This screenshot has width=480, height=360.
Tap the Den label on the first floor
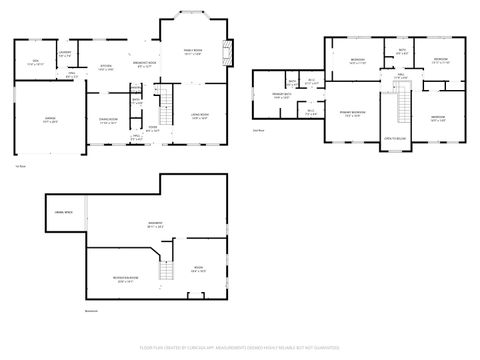[x=36, y=62]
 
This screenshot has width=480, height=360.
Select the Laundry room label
[x=65, y=52]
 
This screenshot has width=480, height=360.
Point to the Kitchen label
[x=105, y=68]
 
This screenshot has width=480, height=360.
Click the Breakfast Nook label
[x=145, y=64]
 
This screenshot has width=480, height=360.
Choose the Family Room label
[x=192, y=52]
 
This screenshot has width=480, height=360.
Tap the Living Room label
[x=199, y=117]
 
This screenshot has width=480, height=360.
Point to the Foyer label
[x=153, y=128]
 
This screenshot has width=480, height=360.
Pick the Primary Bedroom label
[x=352, y=113]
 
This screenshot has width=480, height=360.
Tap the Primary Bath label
[x=282, y=96]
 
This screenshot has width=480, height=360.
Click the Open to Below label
[x=396, y=138]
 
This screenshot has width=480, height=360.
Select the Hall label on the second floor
[x=400, y=74]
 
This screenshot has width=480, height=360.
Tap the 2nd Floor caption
[x=259, y=130]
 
